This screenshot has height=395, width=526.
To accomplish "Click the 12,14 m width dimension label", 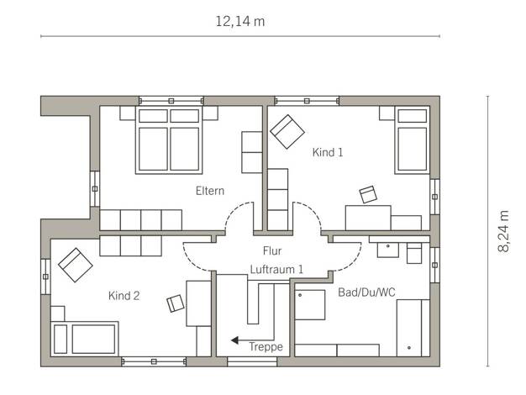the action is click(x=239, y=22).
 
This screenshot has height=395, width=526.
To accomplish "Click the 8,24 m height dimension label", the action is click(x=503, y=231).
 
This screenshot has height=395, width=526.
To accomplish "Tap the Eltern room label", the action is click(x=210, y=191).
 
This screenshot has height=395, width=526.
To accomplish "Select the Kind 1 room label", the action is click(x=328, y=152).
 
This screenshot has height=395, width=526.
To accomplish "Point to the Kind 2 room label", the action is click(x=124, y=296).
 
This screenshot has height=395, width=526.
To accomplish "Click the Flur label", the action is click(x=272, y=250).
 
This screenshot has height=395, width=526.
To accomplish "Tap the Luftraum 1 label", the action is click(x=276, y=269).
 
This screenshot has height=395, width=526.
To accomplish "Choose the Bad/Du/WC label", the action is click(x=366, y=292).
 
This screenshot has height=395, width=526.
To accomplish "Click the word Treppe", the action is click(x=266, y=346).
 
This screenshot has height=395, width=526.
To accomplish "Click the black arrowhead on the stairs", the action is click(x=234, y=340).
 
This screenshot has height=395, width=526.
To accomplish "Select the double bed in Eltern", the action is click(x=169, y=140).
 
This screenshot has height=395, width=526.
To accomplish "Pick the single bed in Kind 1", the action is click(x=413, y=140).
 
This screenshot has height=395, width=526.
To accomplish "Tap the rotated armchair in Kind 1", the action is click(x=287, y=132).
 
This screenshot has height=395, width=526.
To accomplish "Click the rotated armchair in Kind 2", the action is click(x=76, y=265).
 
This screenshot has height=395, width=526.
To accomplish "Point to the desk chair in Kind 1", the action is click(x=368, y=195).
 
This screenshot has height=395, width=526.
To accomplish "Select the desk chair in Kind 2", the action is click(x=176, y=303).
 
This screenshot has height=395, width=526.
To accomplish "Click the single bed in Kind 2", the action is click(x=85, y=339).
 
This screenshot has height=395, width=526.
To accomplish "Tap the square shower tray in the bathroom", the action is click(x=310, y=305).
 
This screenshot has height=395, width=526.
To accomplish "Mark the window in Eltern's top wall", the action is click(x=171, y=101).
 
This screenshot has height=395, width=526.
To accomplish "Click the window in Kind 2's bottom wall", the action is click(x=154, y=361).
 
